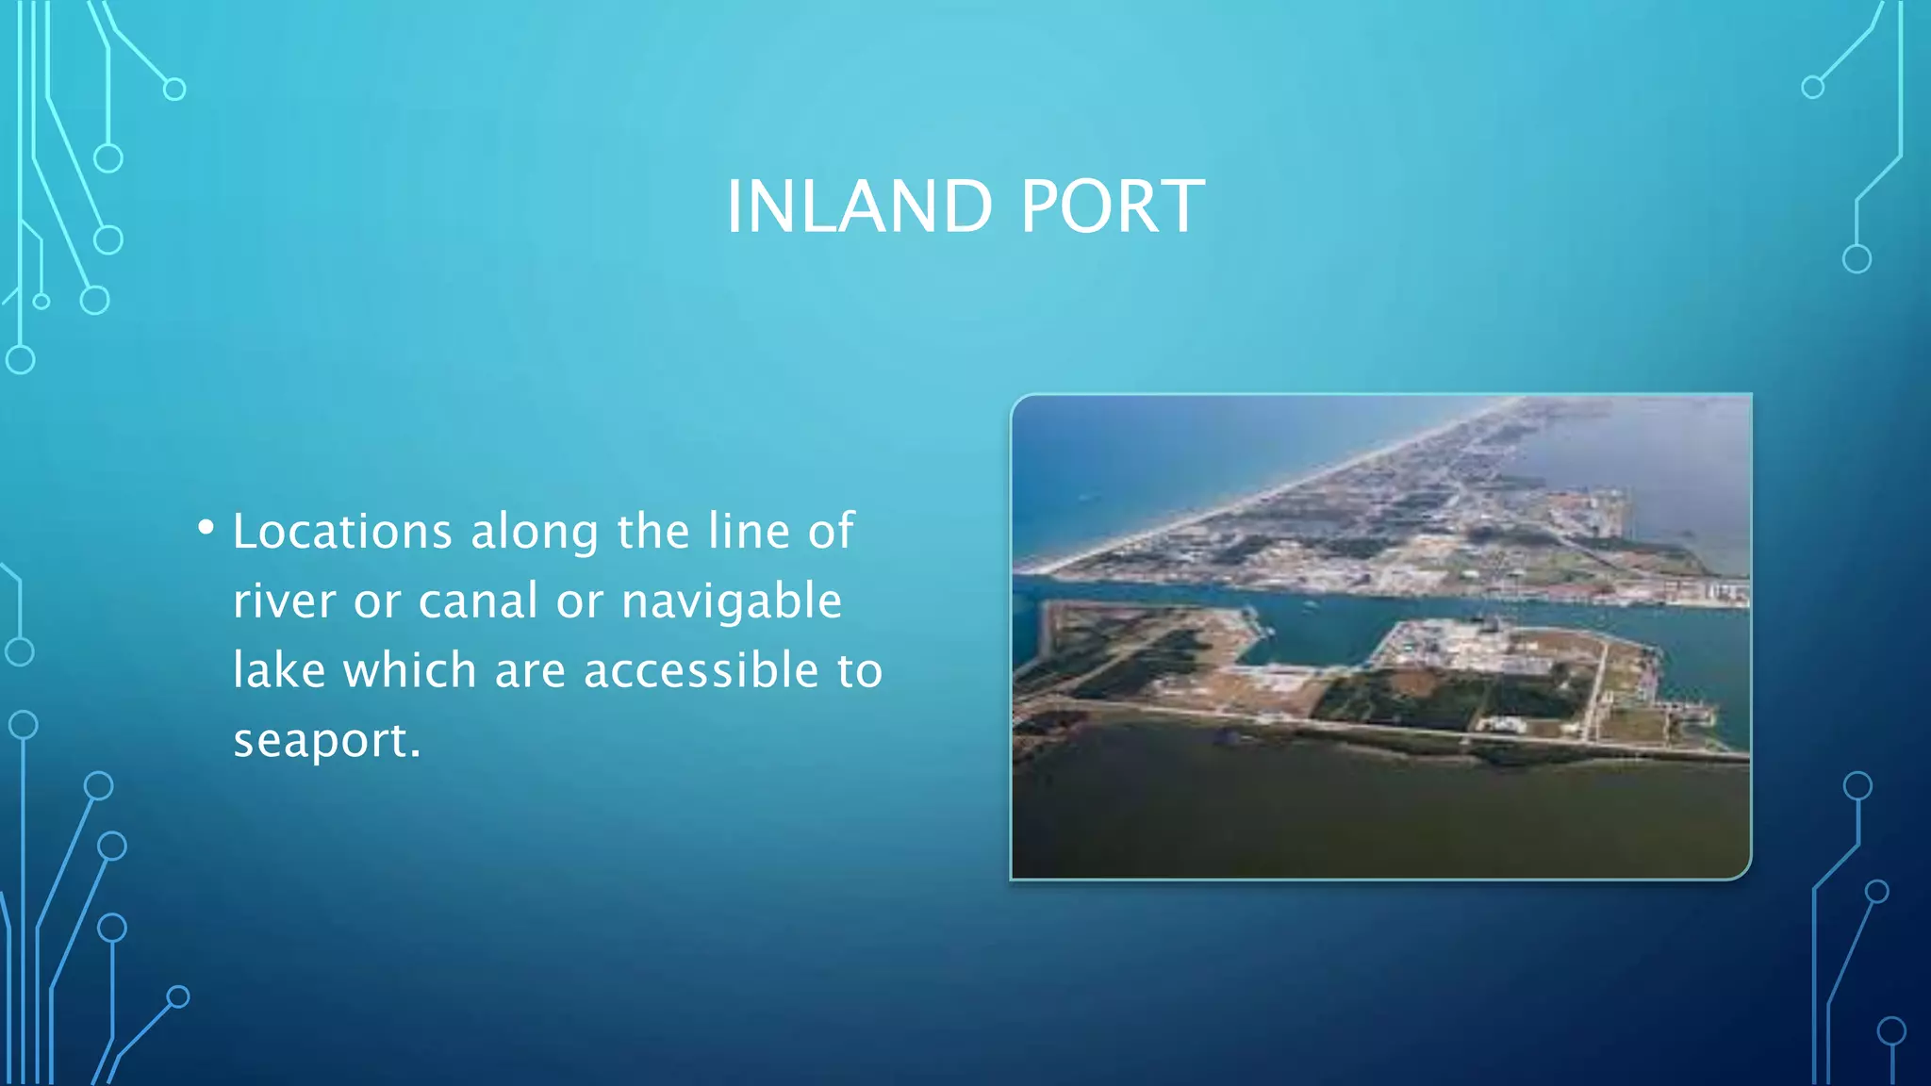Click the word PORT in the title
click(x=1112, y=206)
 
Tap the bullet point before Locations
click(x=206, y=527)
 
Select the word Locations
click(x=342, y=531)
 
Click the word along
click(x=535, y=533)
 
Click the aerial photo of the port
click(x=1380, y=637)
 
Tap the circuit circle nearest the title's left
click(x=174, y=90)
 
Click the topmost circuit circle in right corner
click(x=1812, y=88)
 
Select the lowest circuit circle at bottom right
click(x=1891, y=1031)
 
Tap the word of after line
click(x=831, y=531)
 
